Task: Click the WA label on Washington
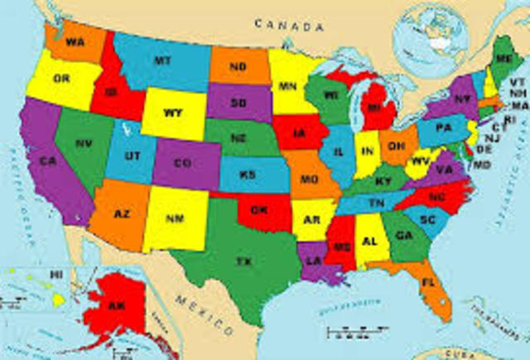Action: (x=75, y=41)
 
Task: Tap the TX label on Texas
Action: (x=243, y=261)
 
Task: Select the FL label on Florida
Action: (x=427, y=283)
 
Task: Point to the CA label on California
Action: (x=48, y=160)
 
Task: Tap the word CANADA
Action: (x=287, y=25)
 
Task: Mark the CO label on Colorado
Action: (x=183, y=161)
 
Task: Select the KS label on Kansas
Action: (x=248, y=175)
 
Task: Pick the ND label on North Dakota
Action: (x=238, y=66)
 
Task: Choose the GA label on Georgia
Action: (x=404, y=234)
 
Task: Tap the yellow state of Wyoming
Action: (x=172, y=113)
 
